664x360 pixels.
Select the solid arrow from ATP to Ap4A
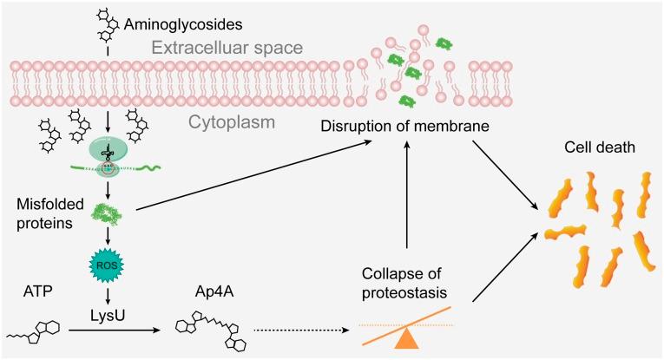[148, 331]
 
